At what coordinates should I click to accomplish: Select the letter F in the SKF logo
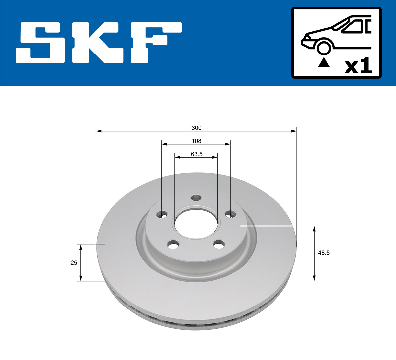pos(155,43)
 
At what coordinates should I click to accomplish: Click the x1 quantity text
pos(358,67)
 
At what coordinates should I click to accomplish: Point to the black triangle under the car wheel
pos(323,62)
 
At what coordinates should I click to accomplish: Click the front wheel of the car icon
pos(324,48)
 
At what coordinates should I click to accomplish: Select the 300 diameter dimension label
pos(196,128)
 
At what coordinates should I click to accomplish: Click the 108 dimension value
pos(196,141)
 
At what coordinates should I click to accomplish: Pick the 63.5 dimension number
pos(196,154)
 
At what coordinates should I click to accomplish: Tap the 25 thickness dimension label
pos(74,263)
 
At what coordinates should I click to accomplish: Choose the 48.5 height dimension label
pos(324,253)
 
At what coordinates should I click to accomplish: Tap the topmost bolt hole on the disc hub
pos(196,198)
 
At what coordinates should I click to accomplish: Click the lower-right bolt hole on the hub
pos(218,245)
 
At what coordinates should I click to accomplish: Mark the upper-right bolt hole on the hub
pos(230,214)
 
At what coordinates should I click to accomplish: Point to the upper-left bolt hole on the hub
pos(162,214)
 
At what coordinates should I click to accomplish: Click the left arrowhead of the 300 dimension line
pos(98,131)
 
